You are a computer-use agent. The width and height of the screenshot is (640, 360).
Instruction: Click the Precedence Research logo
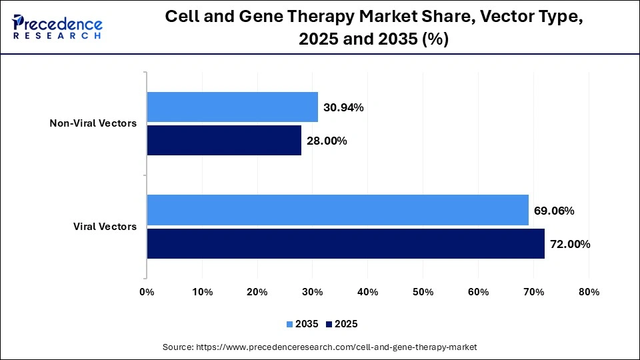57,27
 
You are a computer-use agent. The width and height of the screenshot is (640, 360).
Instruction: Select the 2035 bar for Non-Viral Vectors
232,107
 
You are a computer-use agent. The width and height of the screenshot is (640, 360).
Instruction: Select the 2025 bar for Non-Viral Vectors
224,141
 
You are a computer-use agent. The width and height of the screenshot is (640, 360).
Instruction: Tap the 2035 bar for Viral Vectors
337,210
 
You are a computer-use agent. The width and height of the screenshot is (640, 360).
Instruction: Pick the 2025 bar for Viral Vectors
345,244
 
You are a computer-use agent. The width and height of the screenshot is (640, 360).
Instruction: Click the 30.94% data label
343,107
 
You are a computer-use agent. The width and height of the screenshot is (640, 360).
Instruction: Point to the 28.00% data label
327,141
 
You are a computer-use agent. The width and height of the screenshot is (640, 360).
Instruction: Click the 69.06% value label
554,211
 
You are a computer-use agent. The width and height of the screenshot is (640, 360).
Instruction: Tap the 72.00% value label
570,245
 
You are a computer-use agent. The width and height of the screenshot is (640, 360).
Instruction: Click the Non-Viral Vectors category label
93,123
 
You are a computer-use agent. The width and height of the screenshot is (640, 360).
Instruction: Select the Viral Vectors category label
105,227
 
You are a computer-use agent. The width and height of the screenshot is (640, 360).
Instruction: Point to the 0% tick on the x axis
147,292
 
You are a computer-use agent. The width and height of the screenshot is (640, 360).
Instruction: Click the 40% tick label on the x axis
368,292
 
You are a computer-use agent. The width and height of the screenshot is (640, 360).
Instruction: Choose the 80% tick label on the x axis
589,292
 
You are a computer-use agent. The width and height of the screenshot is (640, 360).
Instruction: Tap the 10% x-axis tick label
202,292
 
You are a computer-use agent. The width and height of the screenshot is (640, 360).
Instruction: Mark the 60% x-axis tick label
479,292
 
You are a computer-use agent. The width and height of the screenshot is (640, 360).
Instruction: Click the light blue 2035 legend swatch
290,324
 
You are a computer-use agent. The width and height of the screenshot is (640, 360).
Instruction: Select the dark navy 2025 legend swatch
329,324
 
